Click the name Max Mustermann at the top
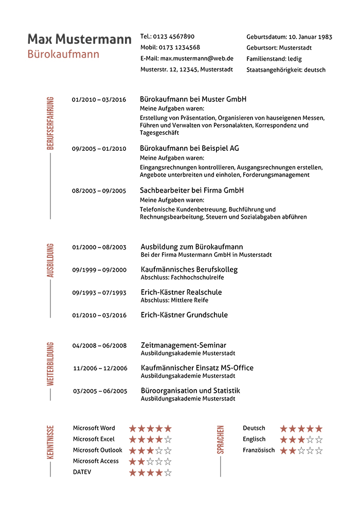point(79,39)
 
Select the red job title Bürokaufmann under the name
point(63,54)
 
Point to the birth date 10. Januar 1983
point(310,37)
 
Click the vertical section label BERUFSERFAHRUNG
point(50,123)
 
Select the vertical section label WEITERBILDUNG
point(50,363)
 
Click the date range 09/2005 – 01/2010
point(99,149)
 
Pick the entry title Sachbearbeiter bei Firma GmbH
point(192,190)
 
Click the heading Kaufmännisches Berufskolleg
point(189,269)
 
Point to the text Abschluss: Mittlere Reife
point(174,300)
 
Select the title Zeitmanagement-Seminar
point(184,345)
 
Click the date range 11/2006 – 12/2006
point(100,368)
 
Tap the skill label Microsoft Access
point(96,461)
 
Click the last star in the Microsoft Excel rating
point(168,440)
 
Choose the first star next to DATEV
point(133,472)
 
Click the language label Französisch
point(259,450)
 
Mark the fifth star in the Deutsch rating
point(319,429)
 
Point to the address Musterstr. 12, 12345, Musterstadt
point(186,69)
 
